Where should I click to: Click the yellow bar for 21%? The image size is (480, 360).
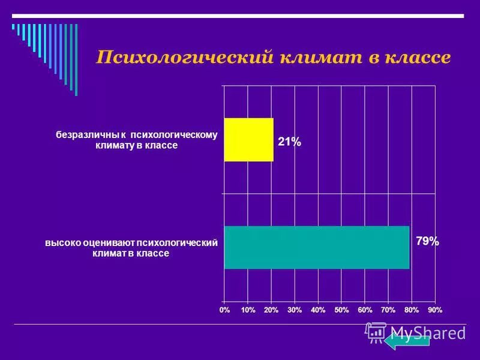(248, 140)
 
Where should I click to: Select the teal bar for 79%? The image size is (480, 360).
(316, 247)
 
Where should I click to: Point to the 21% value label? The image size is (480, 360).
(289, 142)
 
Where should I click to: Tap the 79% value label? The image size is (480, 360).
(427, 242)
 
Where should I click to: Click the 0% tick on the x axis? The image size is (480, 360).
(224, 310)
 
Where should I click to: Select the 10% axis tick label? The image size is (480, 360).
(248, 310)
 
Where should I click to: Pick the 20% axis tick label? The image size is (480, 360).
(271, 310)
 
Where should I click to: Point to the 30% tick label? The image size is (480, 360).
(295, 310)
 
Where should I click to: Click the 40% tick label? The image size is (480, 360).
(318, 310)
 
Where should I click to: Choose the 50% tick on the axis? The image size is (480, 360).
(341, 310)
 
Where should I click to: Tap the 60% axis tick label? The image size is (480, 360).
(365, 310)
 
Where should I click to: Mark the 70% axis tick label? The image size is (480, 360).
(388, 310)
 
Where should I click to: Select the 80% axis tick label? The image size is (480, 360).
(412, 310)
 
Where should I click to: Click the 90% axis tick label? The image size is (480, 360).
(435, 310)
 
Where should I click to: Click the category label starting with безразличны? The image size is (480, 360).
(137, 140)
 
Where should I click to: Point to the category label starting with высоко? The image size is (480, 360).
(131, 248)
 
